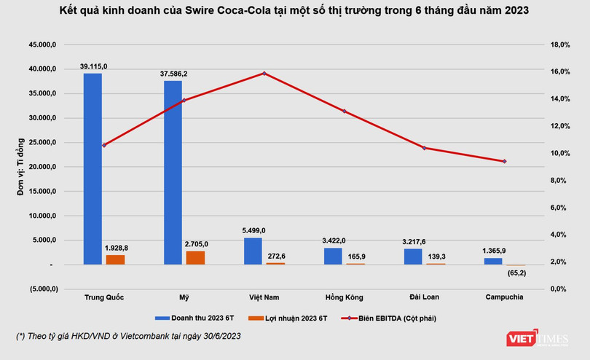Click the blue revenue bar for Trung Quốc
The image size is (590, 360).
(93, 168)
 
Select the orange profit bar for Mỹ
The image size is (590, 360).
(195, 257)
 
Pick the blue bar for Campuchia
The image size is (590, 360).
(493, 261)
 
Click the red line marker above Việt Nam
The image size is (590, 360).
(264, 74)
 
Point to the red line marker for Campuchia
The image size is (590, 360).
(504, 161)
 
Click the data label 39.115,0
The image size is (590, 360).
(93, 66)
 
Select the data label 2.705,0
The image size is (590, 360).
(195, 244)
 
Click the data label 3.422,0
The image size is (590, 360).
(333, 240)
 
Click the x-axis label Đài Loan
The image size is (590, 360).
(423, 297)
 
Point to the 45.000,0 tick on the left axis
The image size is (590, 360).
(42, 44)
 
